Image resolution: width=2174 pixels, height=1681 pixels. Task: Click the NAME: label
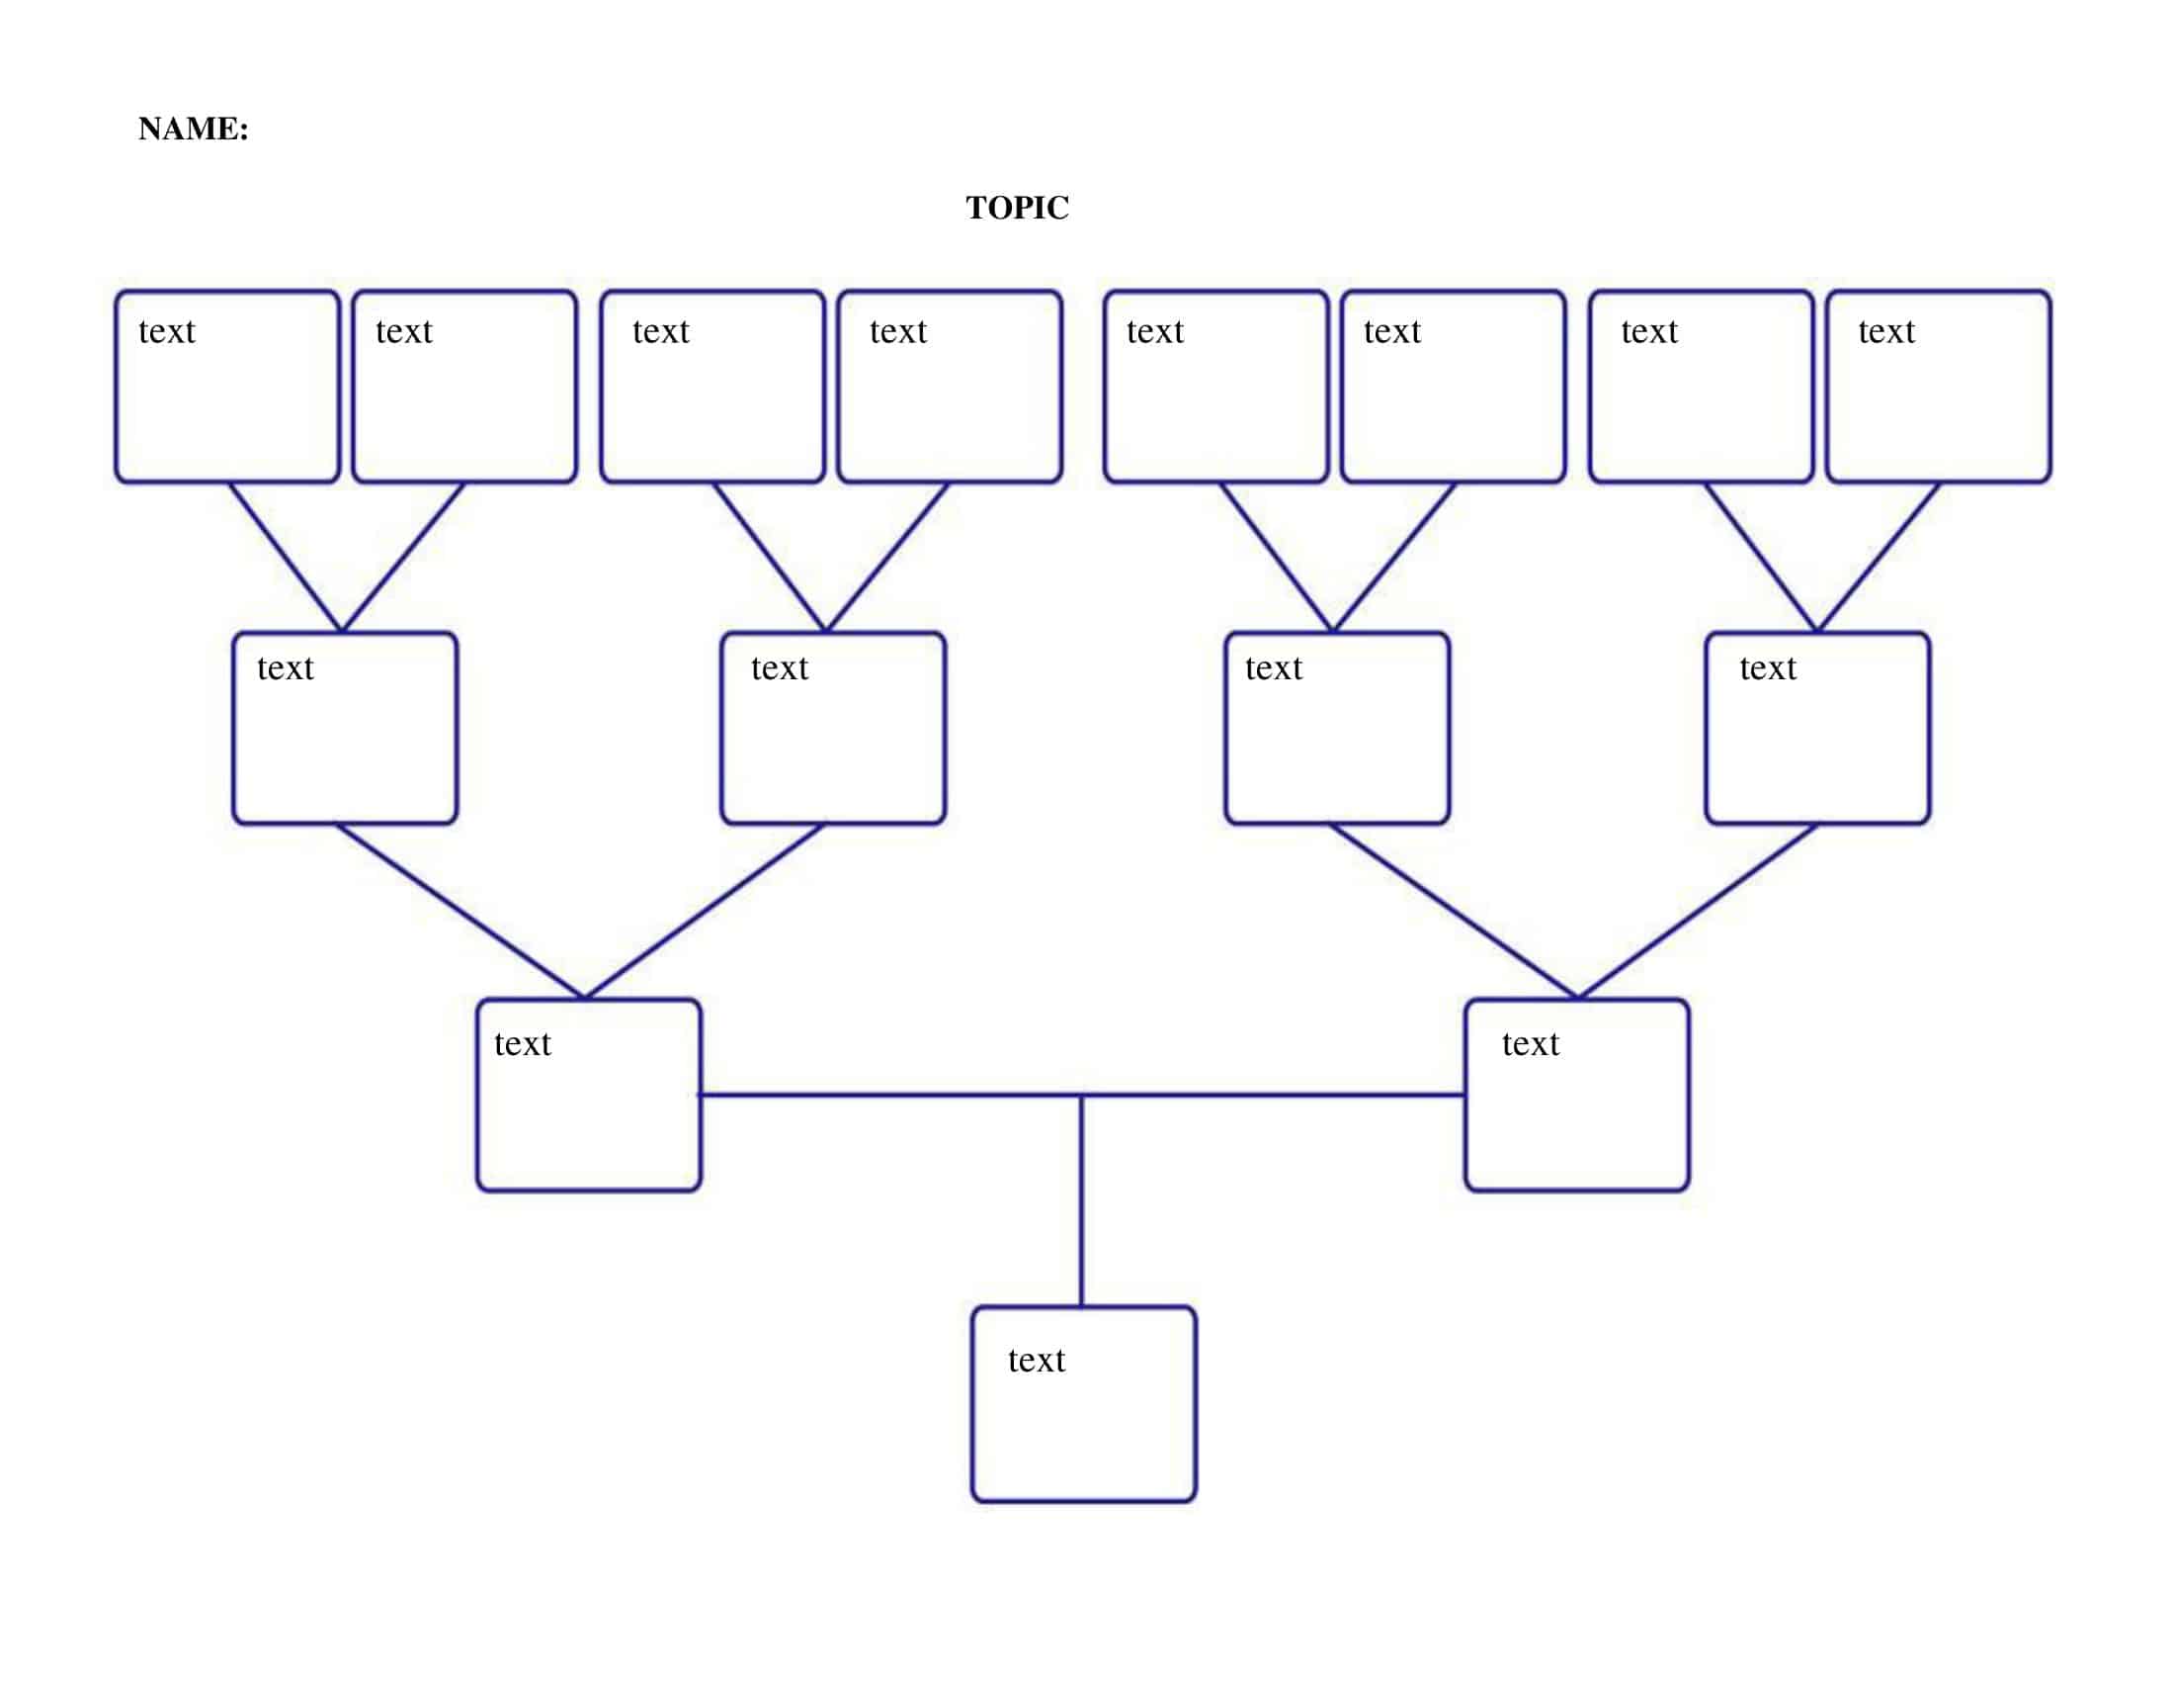pyautogui.click(x=193, y=130)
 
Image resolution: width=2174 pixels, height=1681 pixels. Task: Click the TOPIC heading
pyautogui.click(x=1016, y=208)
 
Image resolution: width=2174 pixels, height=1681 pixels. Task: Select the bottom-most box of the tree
pyautogui.click(x=1083, y=1403)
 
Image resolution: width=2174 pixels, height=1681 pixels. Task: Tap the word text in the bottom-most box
pyautogui.click(x=1036, y=1361)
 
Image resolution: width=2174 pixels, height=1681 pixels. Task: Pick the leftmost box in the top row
pyautogui.click(x=227, y=387)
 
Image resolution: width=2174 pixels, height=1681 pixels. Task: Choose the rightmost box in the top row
pyautogui.click(x=1938, y=387)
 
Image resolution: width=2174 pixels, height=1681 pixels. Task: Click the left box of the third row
pyautogui.click(x=588, y=1095)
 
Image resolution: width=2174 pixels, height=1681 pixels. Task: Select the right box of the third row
pyautogui.click(x=1576, y=1095)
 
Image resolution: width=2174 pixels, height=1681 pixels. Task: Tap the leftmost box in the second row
pyautogui.click(x=345, y=728)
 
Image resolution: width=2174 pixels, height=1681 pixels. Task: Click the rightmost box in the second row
pyautogui.click(x=1816, y=728)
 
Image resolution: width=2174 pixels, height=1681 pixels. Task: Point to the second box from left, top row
pyautogui.click(x=463, y=387)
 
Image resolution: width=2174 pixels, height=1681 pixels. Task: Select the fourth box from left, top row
pyautogui.click(x=949, y=387)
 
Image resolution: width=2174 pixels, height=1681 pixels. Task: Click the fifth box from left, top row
pyautogui.click(x=1215, y=387)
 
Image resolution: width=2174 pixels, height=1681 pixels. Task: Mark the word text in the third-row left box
pyautogui.click(x=522, y=1043)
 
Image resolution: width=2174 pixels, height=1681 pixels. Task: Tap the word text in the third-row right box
pyautogui.click(x=1530, y=1043)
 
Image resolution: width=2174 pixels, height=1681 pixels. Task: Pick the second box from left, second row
pyautogui.click(x=832, y=728)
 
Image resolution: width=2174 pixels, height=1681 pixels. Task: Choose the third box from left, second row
pyautogui.click(x=1336, y=728)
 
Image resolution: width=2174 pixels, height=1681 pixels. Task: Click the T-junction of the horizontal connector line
pyautogui.click(x=1081, y=1095)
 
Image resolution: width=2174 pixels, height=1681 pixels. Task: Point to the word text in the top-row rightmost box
pyautogui.click(x=1885, y=331)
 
